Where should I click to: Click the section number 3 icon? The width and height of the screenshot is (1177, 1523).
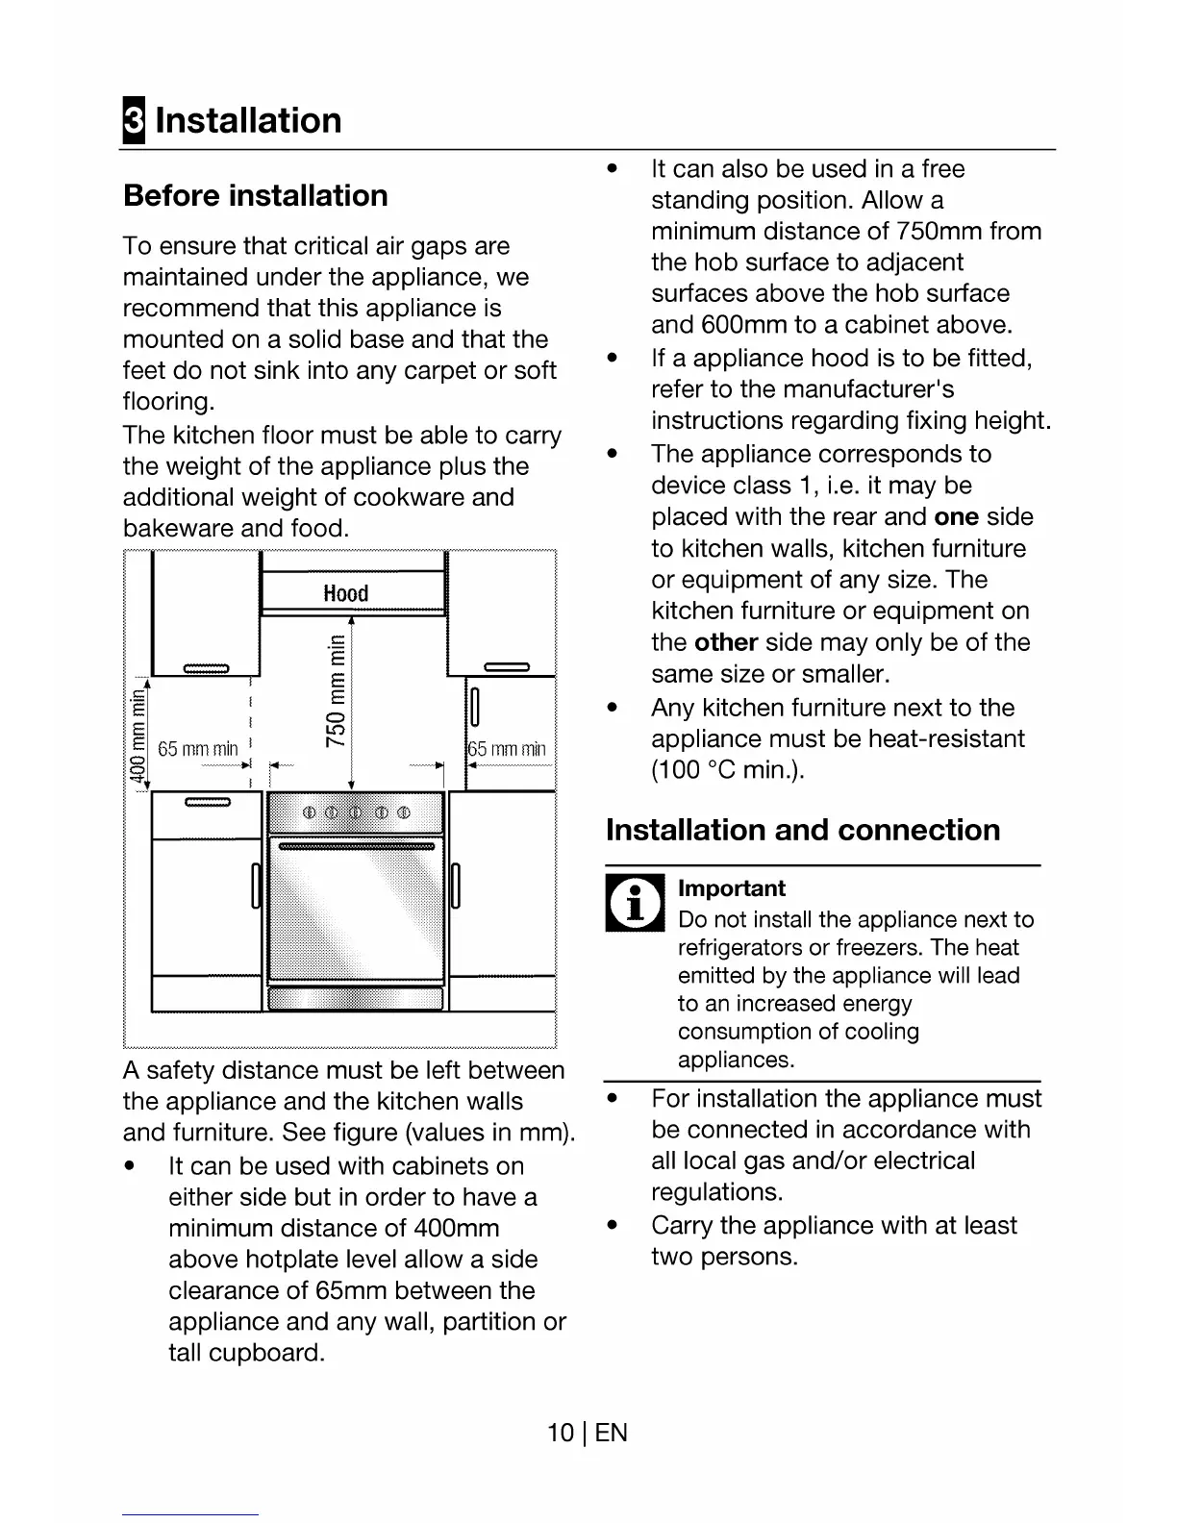[134, 121]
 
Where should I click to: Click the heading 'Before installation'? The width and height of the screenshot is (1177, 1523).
[256, 196]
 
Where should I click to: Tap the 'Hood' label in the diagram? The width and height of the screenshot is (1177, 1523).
[346, 593]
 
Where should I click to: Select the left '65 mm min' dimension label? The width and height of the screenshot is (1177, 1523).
[197, 749]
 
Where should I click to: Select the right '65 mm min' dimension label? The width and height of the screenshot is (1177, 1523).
[507, 749]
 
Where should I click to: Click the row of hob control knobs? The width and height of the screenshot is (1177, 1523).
[356, 814]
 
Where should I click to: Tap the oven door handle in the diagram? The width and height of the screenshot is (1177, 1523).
[356, 847]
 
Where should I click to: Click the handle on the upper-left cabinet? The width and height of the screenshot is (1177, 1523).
[206, 669]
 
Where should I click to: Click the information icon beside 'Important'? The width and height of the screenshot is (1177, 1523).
[635, 905]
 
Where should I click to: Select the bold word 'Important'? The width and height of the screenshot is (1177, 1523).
[731, 888]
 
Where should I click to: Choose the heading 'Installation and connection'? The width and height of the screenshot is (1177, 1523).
[803, 830]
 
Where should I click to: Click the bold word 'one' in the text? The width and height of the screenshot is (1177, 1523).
[956, 517]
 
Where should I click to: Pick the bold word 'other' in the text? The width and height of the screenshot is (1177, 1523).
[726, 642]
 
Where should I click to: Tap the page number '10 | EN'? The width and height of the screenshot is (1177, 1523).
[587, 1433]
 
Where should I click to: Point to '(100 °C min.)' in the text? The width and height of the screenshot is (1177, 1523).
[727, 770]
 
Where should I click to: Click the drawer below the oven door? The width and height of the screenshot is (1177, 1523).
[356, 999]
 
